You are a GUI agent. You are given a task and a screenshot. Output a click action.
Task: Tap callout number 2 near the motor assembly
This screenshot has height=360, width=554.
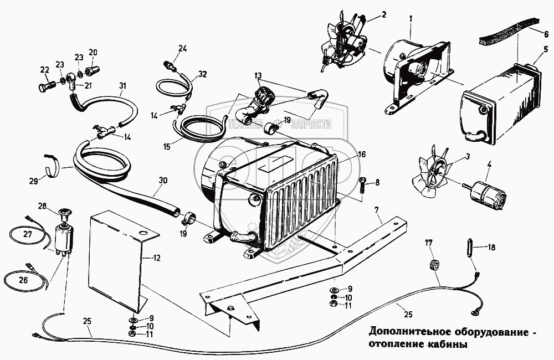coord(383,15)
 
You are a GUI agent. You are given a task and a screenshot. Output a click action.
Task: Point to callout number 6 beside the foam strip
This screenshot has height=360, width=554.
coord(546,33)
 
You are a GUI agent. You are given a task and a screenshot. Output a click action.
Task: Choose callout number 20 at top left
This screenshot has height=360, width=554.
coord(93,53)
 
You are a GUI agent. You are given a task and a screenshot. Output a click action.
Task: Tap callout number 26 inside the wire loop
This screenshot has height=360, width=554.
coord(23,280)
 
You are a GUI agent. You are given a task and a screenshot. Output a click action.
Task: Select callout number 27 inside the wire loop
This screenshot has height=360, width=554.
coord(25,234)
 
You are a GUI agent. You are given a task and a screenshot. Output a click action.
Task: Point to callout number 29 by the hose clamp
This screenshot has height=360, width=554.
coord(34,181)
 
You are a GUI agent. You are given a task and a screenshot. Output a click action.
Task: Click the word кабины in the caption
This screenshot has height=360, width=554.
coord(445,344)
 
